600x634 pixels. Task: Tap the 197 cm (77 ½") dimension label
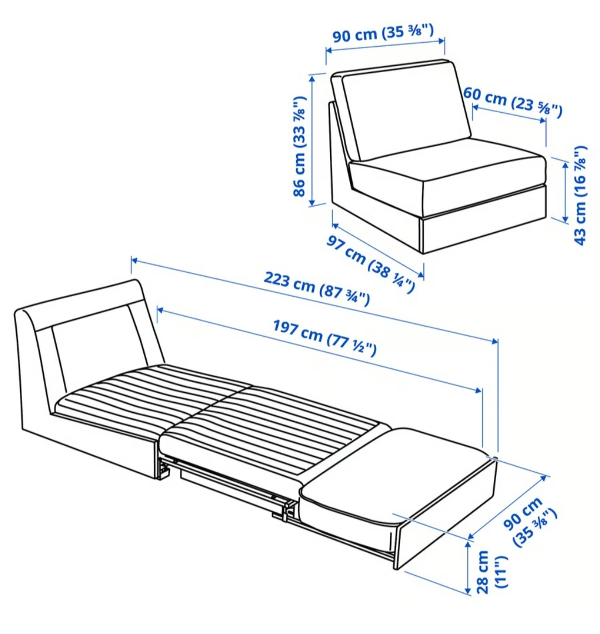point(324,338)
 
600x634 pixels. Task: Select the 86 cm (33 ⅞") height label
point(299,146)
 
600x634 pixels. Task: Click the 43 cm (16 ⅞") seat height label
point(580,195)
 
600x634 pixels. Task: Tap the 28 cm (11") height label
point(491,572)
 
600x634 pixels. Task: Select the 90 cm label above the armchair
point(383,32)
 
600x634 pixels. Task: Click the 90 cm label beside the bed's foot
point(529,522)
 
